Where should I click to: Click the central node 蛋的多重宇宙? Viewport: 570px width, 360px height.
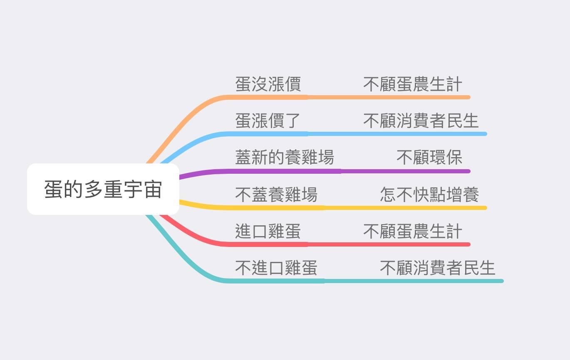click(x=103, y=189)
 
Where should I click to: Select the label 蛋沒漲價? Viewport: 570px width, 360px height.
click(x=268, y=84)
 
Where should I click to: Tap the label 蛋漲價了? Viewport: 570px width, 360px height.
click(x=268, y=121)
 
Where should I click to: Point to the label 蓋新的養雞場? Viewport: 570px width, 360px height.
click(x=285, y=158)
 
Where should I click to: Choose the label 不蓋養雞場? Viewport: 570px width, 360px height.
click(x=276, y=195)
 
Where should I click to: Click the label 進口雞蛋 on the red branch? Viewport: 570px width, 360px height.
click(x=268, y=231)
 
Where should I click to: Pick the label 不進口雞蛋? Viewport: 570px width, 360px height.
click(x=276, y=268)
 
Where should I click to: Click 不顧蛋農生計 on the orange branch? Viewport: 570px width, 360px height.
click(x=412, y=84)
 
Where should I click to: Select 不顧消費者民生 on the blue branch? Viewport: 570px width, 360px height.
click(x=421, y=121)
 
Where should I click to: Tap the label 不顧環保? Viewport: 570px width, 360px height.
click(x=429, y=158)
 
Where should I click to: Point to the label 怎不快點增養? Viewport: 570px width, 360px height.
click(x=429, y=195)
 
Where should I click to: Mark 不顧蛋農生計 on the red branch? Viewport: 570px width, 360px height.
click(x=412, y=231)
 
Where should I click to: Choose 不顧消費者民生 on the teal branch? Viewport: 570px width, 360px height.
click(x=437, y=268)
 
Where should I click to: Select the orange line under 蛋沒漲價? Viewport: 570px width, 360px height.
click(x=268, y=97)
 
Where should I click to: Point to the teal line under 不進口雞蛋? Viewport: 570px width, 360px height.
click(x=276, y=281)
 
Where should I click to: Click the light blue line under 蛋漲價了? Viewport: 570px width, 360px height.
click(x=268, y=134)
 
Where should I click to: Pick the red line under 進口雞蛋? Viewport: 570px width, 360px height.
click(x=268, y=244)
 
